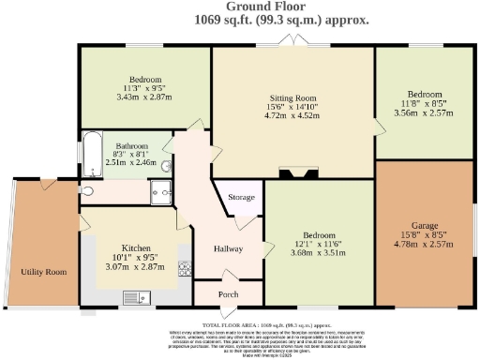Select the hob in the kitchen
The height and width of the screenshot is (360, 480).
[185, 268]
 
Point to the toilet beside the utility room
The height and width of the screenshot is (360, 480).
[87, 190]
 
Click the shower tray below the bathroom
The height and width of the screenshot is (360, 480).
[158, 191]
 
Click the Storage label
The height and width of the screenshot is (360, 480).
[241, 198]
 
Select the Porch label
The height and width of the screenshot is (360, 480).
[227, 294]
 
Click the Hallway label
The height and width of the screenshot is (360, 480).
[229, 248]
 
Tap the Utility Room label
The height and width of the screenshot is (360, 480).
[44, 272]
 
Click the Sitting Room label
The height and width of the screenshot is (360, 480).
[293, 97]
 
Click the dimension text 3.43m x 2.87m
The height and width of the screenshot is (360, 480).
[145, 97]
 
